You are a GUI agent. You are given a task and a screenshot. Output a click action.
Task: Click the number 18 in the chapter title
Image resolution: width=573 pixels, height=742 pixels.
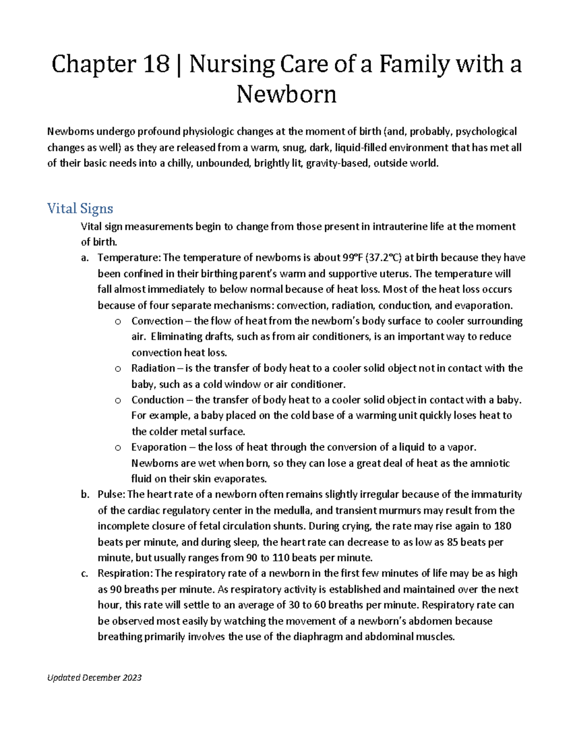coord(156,65)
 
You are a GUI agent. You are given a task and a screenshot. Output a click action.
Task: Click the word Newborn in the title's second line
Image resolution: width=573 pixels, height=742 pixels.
coord(286,94)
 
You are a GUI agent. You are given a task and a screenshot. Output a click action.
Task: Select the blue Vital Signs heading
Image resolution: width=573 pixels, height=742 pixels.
coord(80,208)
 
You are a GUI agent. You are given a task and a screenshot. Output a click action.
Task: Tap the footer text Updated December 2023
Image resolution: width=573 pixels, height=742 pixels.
coord(95,677)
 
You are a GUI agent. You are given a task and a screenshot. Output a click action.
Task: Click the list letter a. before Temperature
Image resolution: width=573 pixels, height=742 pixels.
coord(85,258)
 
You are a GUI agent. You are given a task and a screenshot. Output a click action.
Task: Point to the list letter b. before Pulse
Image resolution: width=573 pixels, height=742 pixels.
coord(85,495)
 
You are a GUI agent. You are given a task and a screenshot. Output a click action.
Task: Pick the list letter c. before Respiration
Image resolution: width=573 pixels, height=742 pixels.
coord(85,573)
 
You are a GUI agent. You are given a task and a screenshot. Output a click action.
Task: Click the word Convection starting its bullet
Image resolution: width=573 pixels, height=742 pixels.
coord(157,321)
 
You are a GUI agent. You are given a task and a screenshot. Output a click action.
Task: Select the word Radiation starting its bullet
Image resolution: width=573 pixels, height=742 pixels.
coord(153,368)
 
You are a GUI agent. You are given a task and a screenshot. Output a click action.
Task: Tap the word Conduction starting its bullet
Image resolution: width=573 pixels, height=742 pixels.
coord(158,400)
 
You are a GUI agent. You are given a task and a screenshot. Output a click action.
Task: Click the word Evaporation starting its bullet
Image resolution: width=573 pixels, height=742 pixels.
coord(159,447)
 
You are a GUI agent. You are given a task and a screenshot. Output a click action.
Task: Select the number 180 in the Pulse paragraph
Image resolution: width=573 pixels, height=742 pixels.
coord(502,526)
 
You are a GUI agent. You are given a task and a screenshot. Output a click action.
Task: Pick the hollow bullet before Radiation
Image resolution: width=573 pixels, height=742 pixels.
coord(118,369)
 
